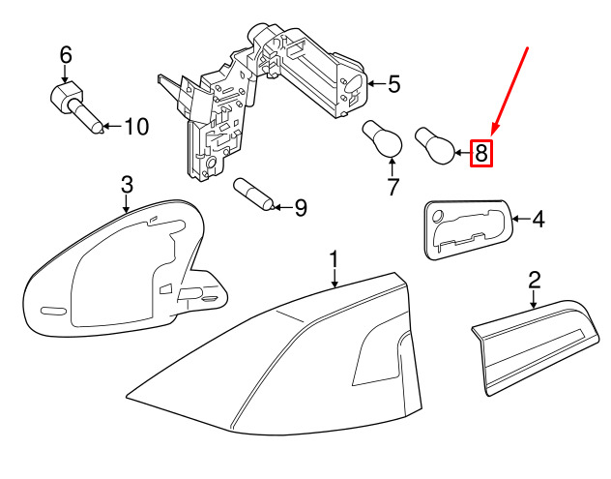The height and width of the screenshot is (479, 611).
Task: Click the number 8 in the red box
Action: (480, 152)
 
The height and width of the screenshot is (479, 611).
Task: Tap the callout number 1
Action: (334, 259)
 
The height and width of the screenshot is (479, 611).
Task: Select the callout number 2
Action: (534, 281)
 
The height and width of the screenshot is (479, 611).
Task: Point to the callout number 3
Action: (126, 184)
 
